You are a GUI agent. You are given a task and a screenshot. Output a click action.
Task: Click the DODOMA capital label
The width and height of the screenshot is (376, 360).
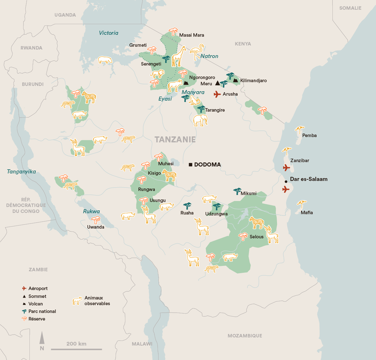point(207,165)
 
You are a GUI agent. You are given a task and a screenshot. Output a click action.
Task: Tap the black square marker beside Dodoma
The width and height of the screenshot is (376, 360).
point(191,165)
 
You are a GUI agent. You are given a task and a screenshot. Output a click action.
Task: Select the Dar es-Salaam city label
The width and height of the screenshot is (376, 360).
point(309,179)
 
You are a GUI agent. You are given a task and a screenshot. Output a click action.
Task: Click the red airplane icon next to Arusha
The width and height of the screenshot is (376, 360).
point(217,94)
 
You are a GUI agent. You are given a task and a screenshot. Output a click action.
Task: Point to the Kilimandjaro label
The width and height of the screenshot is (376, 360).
point(253,81)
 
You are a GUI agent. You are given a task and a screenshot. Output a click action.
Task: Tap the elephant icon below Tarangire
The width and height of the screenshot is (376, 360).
point(200,120)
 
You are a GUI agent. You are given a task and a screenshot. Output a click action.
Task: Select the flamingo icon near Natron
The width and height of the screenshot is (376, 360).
point(197,50)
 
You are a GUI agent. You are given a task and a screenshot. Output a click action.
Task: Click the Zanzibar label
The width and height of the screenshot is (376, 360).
point(300,160)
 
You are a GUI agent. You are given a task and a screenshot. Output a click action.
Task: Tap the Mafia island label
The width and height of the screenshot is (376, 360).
point(307,213)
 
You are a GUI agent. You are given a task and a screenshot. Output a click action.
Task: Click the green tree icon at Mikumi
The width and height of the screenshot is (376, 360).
point(237,191)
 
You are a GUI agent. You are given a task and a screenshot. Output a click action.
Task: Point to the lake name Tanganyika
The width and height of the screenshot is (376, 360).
point(21,172)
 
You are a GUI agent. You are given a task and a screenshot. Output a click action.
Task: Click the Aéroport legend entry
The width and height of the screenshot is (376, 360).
point(38,288)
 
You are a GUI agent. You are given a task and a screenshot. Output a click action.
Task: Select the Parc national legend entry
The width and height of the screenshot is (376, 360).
point(42,311)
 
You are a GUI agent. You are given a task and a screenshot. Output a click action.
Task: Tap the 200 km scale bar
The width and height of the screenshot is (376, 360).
point(76,349)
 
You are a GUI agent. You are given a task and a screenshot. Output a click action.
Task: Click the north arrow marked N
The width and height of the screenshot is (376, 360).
point(42,341)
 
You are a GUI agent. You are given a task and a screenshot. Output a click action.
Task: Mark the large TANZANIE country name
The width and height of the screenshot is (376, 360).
point(175,140)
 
